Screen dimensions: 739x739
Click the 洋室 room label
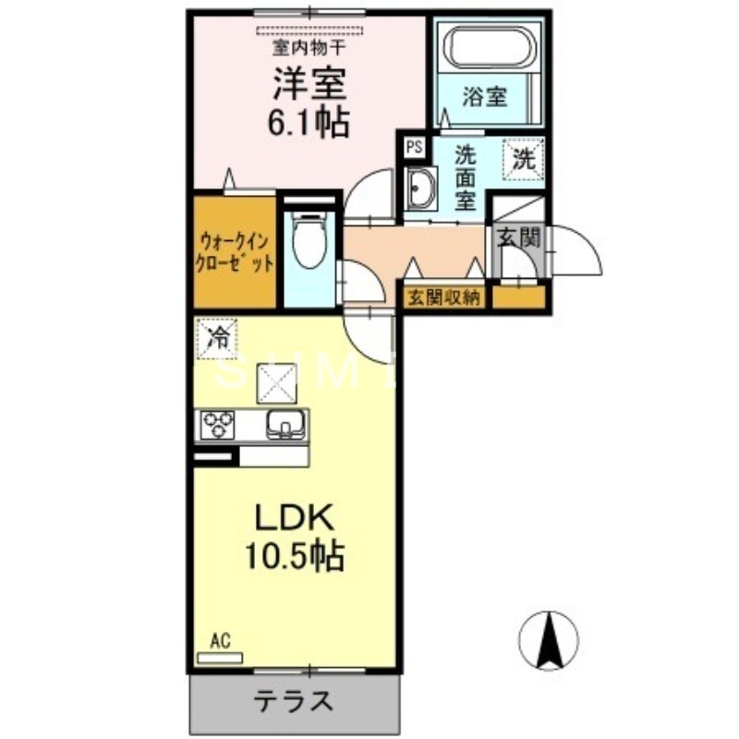(x=309, y=85)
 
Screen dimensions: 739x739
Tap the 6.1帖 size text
(x=309, y=122)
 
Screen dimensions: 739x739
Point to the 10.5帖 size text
(x=295, y=556)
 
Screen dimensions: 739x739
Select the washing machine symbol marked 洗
(x=524, y=158)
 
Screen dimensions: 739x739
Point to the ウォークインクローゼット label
(x=235, y=251)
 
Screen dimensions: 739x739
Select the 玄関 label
(x=517, y=238)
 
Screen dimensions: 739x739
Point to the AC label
(x=220, y=639)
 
